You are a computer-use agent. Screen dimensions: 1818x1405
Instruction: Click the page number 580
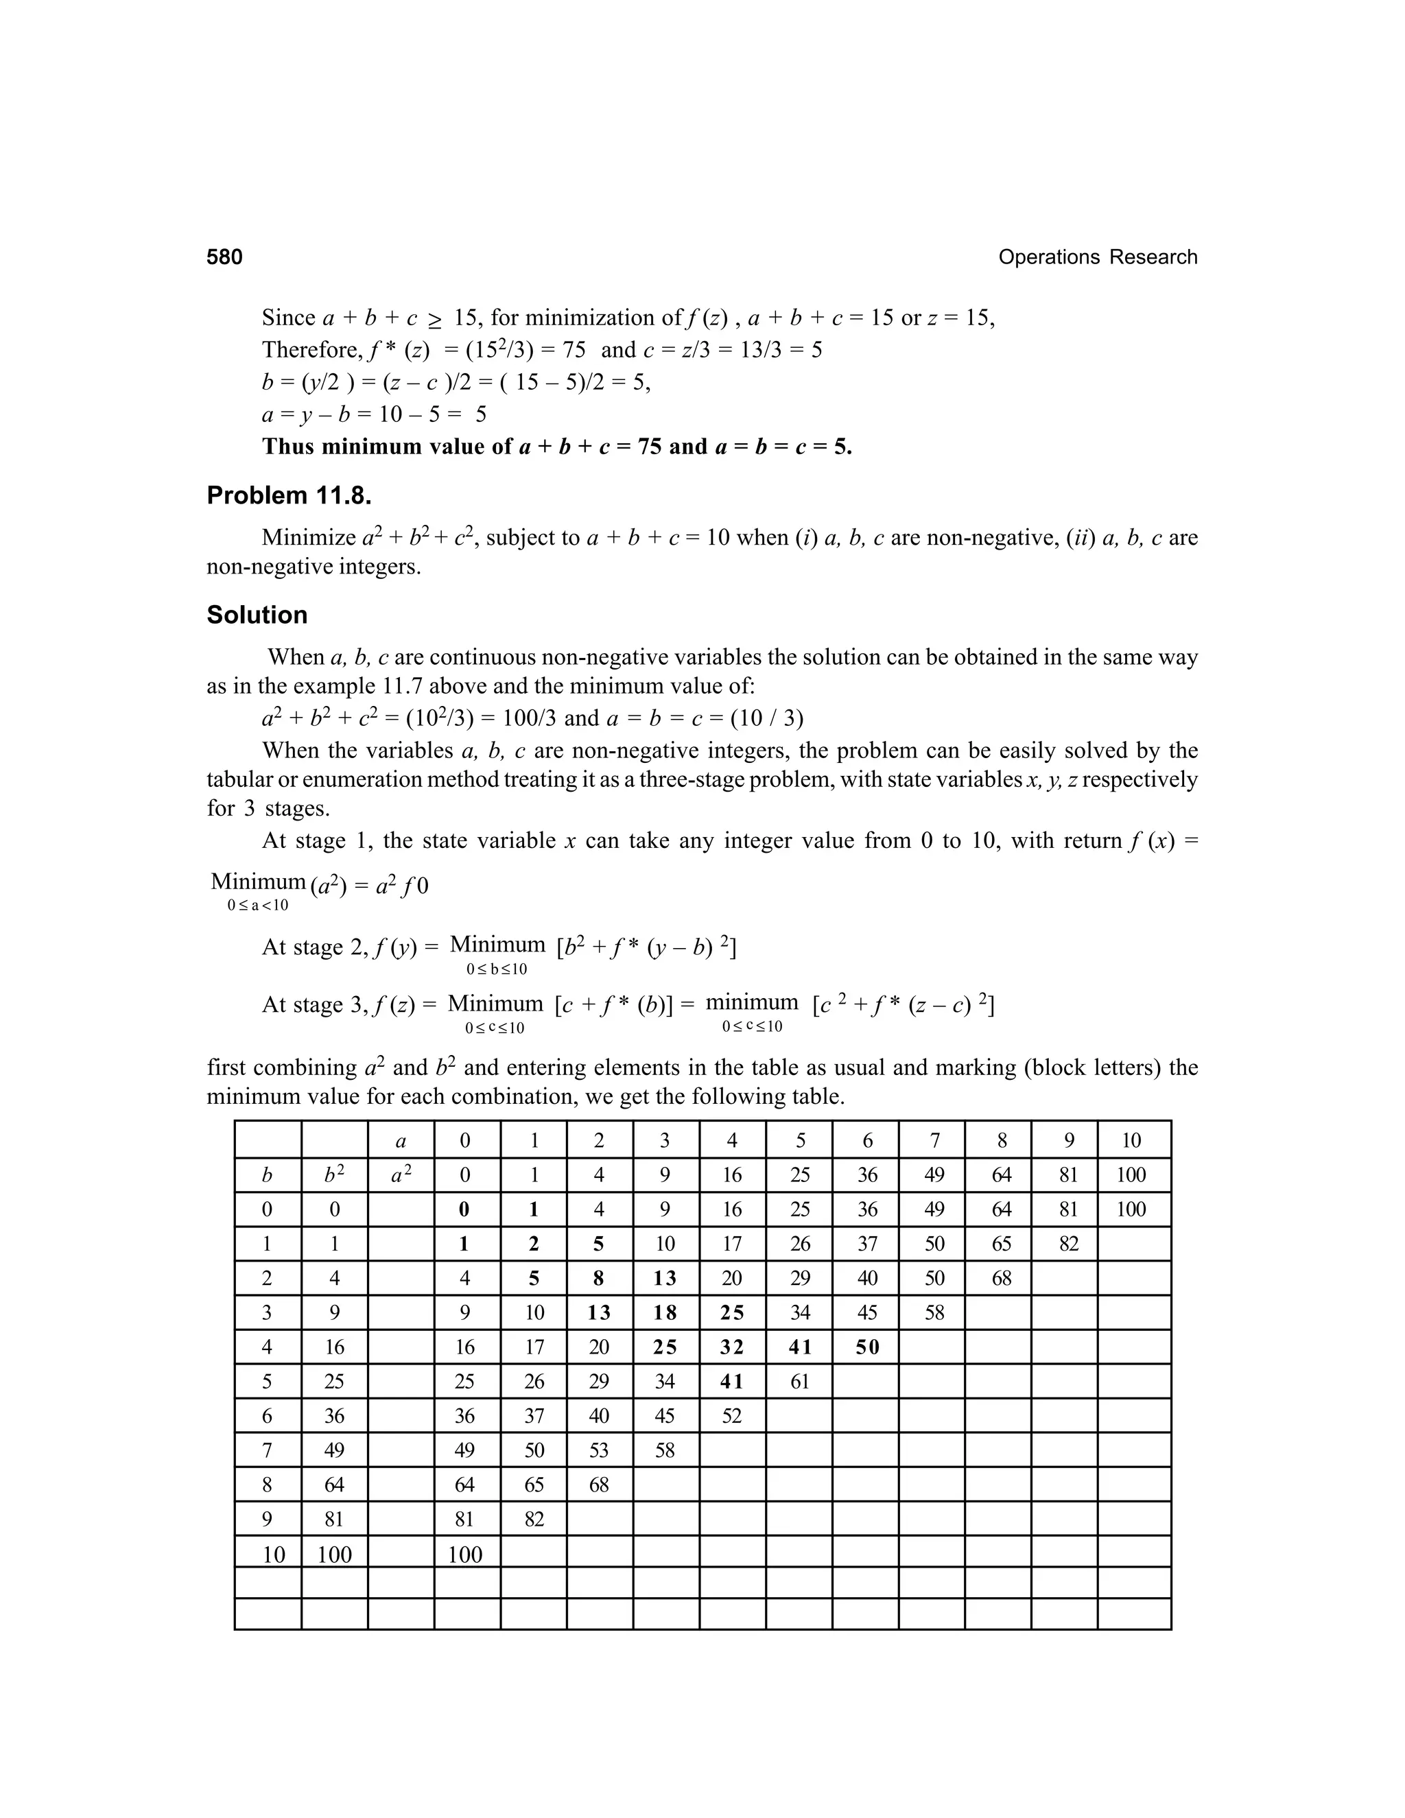225,257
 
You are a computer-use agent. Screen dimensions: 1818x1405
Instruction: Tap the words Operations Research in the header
1097,257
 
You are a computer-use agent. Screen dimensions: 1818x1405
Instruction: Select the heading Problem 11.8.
289,496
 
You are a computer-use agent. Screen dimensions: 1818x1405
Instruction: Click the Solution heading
257,615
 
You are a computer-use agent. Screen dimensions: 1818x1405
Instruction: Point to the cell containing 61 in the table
799,1382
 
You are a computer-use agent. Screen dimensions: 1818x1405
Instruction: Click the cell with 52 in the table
731,1416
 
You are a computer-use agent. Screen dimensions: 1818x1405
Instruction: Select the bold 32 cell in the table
731,1347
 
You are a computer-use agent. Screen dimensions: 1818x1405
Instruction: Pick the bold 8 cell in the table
598,1279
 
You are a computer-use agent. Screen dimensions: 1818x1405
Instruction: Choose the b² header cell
334,1175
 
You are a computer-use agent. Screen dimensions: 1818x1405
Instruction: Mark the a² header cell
401,1175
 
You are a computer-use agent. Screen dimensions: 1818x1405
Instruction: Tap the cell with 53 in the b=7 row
598,1451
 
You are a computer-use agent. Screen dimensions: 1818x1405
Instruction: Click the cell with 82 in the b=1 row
1068,1244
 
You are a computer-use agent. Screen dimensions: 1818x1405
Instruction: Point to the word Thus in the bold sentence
288,447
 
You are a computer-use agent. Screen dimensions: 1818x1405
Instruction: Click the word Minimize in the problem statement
309,538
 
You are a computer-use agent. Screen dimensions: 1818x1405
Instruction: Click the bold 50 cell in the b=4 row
866,1347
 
